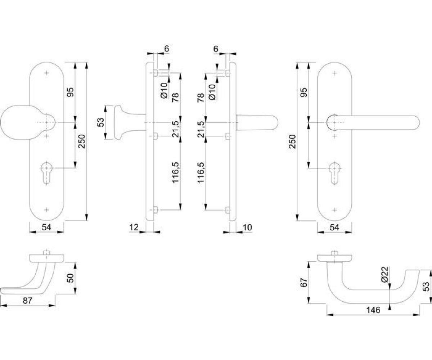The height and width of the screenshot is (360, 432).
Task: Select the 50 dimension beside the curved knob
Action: [71, 278]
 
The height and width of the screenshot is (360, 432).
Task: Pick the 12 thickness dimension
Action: [134, 227]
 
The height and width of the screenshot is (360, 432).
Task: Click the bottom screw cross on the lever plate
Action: [335, 210]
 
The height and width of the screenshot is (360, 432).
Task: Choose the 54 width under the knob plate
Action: [46, 227]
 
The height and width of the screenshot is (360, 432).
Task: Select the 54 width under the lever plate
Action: [334, 227]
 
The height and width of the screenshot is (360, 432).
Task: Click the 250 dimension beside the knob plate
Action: [82, 141]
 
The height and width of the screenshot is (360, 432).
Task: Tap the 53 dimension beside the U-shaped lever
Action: [426, 286]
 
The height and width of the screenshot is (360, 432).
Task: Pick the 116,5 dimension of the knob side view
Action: [175, 172]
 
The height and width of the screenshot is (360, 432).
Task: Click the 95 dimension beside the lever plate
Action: [303, 93]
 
